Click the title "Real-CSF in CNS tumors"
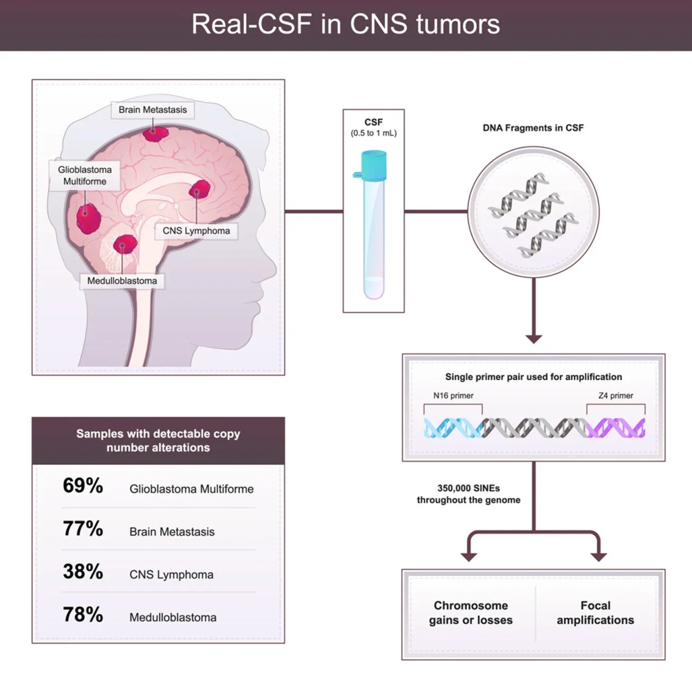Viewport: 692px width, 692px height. click(x=345, y=24)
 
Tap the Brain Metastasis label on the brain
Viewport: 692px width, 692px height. click(x=153, y=110)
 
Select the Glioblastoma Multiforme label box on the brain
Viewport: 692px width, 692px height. click(x=85, y=176)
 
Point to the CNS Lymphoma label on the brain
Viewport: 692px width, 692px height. click(x=196, y=231)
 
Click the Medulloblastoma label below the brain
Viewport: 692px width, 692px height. click(x=122, y=281)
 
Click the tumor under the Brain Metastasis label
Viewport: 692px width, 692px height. click(x=155, y=133)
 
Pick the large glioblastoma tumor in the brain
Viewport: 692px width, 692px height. click(x=88, y=218)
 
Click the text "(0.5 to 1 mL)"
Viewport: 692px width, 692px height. click(x=374, y=133)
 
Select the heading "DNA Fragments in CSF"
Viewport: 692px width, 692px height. click(x=533, y=128)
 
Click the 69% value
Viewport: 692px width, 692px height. click(x=83, y=485)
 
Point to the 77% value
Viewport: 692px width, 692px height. click(x=83, y=529)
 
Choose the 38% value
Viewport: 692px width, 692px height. click(x=83, y=572)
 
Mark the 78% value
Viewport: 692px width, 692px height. click(x=83, y=615)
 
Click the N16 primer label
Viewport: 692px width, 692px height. click(x=453, y=396)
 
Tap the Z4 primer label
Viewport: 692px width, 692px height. click(x=615, y=396)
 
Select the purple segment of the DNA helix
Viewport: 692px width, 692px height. click(x=617, y=428)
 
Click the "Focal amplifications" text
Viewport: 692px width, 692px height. click(x=595, y=613)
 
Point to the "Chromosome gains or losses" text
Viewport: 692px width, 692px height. click(x=471, y=613)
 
